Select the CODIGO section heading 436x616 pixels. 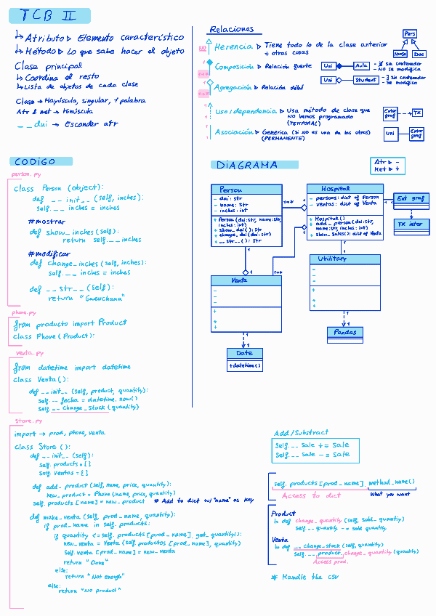34,161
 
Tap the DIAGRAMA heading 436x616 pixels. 247,165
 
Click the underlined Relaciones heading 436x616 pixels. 231,30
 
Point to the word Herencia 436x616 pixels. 233,47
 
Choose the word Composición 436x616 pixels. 234,67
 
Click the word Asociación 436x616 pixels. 235,132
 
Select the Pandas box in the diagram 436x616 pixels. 345,332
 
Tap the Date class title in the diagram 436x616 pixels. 244,353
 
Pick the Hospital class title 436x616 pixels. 336,189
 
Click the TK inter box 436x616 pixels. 409,224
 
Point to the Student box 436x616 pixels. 366,80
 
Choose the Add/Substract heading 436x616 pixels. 301,431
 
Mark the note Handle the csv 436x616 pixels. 296,577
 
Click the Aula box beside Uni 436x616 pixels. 361,65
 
